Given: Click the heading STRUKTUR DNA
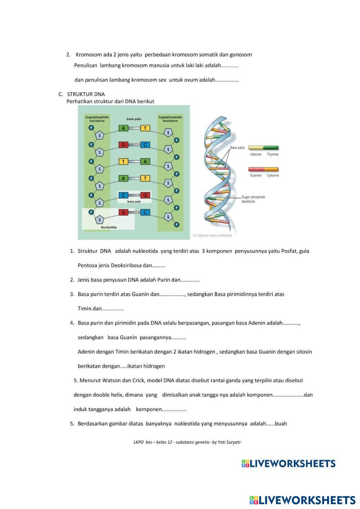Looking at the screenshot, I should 86,94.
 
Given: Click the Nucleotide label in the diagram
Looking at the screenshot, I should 109,228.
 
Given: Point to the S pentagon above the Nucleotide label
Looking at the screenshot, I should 100,220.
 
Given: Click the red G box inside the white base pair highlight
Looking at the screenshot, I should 145,195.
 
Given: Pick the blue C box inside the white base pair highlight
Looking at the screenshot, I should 123,195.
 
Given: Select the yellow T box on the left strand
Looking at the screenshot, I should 123,162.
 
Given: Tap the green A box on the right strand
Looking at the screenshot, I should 145,162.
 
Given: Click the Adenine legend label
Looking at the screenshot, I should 256,154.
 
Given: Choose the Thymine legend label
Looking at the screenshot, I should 273,154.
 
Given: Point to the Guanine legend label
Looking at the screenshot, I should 256,176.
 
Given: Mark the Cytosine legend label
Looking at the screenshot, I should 273,176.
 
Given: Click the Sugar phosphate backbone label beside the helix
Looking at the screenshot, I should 253,199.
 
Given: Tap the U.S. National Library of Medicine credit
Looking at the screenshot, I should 212,236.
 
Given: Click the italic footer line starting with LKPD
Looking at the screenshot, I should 187,442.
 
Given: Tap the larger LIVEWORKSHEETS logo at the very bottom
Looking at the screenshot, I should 302,500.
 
